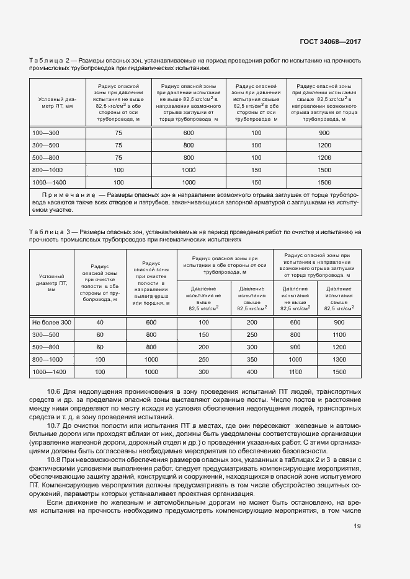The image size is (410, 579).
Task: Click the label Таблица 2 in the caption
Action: pyautogui.click(x=49, y=60)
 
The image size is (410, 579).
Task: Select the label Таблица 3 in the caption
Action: pyautogui.click(x=49, y=232)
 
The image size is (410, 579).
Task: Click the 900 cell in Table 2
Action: pyautogui.click(x=324, y=133)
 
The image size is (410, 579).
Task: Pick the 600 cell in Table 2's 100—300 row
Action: pyautogui.click(x=189, y=133)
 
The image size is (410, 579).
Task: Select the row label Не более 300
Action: pyautogui.click(x=52, y=323)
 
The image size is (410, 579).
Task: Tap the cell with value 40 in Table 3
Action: pyautogui.click(x=100, y=323)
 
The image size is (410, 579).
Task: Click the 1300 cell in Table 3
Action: pyautogui.click(x=339, y=359)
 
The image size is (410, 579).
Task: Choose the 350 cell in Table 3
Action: pyautogui.click(x=252, y=359)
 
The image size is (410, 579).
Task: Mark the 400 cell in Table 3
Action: pyautogui.click(x=252, y=372)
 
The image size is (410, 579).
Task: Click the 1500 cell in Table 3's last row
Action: pyautogui.click(x=339, y=372)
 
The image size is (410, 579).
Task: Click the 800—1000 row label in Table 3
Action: pyautogui.click(x=48, y=359)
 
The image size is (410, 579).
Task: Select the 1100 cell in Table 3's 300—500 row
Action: pyautogui.click(x=339, y=335)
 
